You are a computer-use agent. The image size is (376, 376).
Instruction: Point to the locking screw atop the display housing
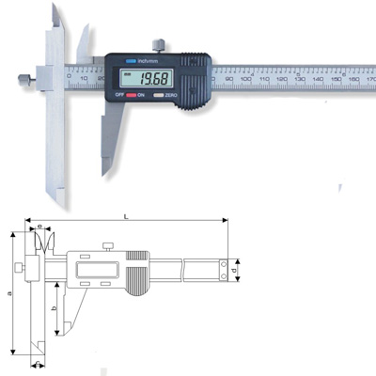162,43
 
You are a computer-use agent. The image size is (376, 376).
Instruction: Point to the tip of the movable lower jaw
103,170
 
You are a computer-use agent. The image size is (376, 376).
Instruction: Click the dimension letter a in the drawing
8,294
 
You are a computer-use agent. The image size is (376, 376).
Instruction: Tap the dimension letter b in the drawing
54,308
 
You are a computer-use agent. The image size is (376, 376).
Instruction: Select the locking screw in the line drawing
109,246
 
